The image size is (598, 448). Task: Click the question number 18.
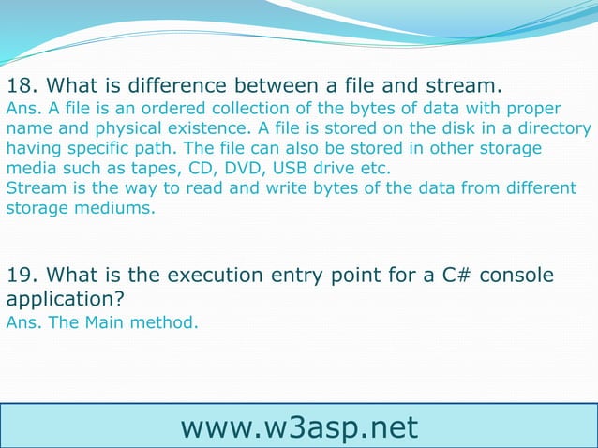(21, 83)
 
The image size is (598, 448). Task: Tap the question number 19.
(21, 276)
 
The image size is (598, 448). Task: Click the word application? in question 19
(65, 301)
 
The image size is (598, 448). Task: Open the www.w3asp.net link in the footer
(299, 426)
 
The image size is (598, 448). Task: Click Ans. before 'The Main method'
(22, 322)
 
